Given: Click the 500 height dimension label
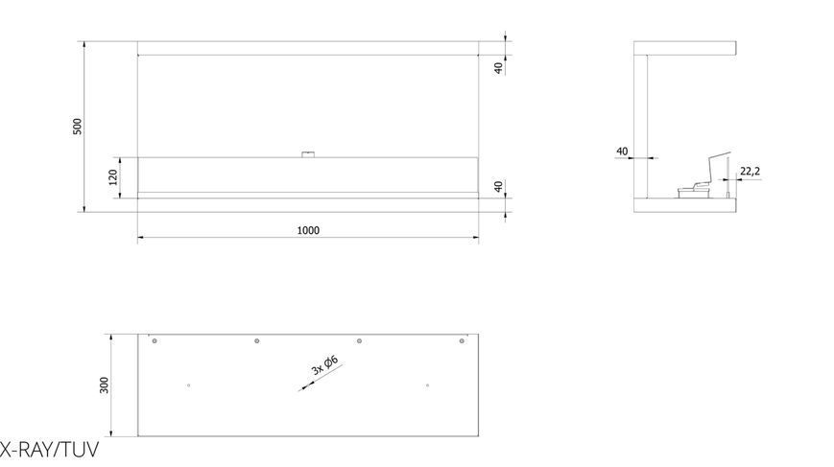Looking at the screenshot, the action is [x=78, y=126].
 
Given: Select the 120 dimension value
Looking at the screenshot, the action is [x=112, y=176].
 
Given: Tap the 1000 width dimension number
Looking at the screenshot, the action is [x=308, y=230].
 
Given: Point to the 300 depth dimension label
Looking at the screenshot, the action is [x=104, y=385].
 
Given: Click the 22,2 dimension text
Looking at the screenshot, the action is [x=750, y=171].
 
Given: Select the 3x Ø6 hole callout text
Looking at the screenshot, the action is [x=324, y=365].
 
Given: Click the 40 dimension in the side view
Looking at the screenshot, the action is [x=622, y=152].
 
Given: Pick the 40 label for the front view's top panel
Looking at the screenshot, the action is [x=498, y=68].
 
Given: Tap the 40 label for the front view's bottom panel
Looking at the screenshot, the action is [x=498, y=186].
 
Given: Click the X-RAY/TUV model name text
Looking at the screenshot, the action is [x=50, y=450].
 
